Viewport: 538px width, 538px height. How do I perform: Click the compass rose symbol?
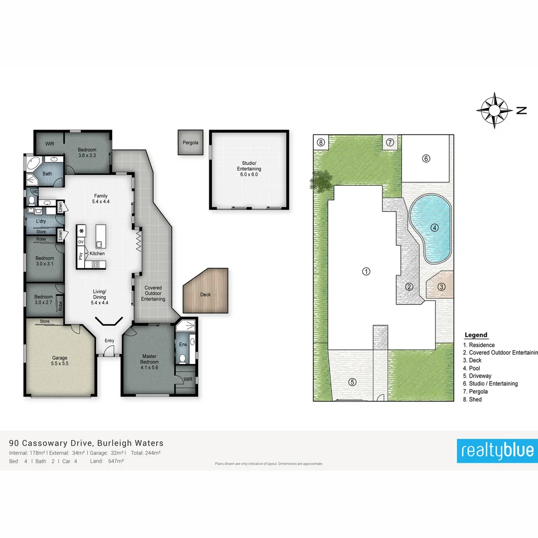tap(494, 110)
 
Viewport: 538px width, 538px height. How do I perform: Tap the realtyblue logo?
tap(497, 450)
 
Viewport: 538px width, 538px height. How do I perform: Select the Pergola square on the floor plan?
tap(190, 142)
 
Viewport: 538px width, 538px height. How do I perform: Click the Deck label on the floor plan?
tap(205, 294)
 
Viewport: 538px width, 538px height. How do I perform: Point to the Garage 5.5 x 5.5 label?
tap(60, 361)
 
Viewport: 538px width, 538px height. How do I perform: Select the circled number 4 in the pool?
tap(434, 228)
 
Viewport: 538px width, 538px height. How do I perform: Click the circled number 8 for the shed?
tap(321, 142)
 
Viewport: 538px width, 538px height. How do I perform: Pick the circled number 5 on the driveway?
tap(352, 382)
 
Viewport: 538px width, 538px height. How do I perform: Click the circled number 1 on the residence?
tap(366, 271)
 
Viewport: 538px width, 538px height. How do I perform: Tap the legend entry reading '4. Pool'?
tap(474, 368)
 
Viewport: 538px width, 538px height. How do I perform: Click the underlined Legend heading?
tap(476, 335)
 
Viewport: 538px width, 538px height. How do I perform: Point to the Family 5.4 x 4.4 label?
tap(101, 199)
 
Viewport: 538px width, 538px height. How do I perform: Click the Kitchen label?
tap(97, 254)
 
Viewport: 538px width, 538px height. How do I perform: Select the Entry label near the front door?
tap(109, 341)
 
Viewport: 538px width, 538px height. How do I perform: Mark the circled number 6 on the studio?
tap(426, 159)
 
